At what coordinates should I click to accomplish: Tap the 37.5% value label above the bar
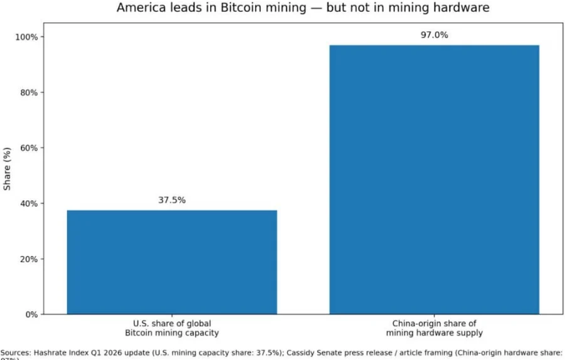(172, 201)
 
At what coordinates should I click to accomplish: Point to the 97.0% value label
(434, 35)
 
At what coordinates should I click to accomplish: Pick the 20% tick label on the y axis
(30, 259)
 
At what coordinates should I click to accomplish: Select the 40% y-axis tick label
(30, 203)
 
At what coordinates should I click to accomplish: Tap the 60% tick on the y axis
(30, 148)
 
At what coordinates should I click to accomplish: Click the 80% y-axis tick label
(30, 92)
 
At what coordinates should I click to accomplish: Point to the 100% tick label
(28, 37)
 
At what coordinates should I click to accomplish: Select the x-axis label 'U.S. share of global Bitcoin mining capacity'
(172, 328)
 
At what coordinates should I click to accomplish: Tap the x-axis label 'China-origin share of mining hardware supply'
(434, 328)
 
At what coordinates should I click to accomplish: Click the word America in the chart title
(140, 8)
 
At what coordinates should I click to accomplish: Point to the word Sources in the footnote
(14, 352)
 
